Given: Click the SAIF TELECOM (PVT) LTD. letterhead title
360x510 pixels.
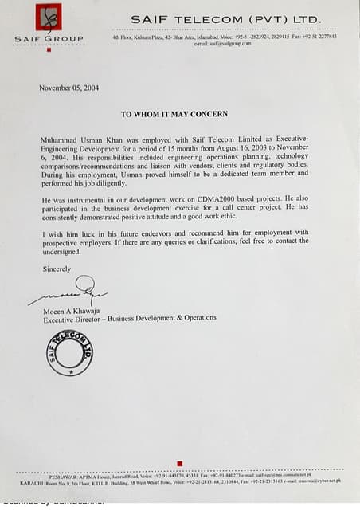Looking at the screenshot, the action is point(225,18).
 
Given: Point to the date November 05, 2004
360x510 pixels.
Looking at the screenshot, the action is point(68,88).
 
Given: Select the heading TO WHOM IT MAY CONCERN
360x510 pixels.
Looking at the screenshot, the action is point(174,114).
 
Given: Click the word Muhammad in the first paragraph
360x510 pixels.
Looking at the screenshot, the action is point(61,139).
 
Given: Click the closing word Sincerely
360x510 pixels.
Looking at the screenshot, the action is point(57,269).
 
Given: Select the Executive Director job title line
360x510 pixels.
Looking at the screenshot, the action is point(129,317).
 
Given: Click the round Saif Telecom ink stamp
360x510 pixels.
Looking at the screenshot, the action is point(70,351).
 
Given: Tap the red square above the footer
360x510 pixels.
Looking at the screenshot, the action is point(179,463).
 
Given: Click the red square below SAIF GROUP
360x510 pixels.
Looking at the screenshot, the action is point(49,50).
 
